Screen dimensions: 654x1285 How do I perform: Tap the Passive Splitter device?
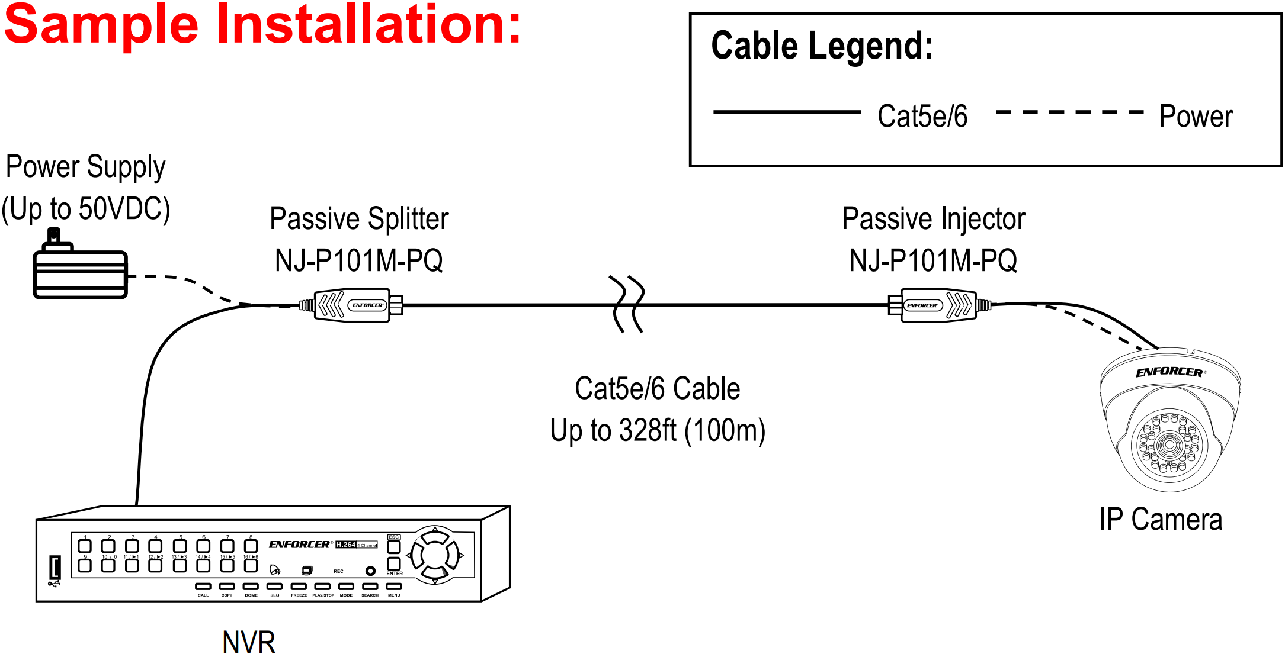(x=352, y=305)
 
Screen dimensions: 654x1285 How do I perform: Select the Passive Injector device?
(x=938, y=305)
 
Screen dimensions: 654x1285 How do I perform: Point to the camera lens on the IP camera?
(x=1169, y=444)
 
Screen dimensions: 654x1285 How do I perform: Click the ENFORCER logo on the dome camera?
(x=1170, y=372)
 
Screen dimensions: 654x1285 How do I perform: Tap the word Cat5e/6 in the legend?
(x=922, y=117)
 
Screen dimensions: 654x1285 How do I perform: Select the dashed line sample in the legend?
(x=1069, y=112)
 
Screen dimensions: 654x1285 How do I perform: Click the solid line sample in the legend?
(x=787, y=112)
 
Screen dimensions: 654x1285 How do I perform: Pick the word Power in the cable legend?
(x=1196, y=117)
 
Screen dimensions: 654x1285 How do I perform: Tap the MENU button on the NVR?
(x=394, y=587)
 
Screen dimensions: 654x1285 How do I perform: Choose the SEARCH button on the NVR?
(x=370, y=587)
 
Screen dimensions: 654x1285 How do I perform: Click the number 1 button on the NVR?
(x=85, y=546)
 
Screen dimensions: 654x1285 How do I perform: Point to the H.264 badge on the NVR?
(x=346, y=545)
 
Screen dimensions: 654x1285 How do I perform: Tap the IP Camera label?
(x=1161, y=520)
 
